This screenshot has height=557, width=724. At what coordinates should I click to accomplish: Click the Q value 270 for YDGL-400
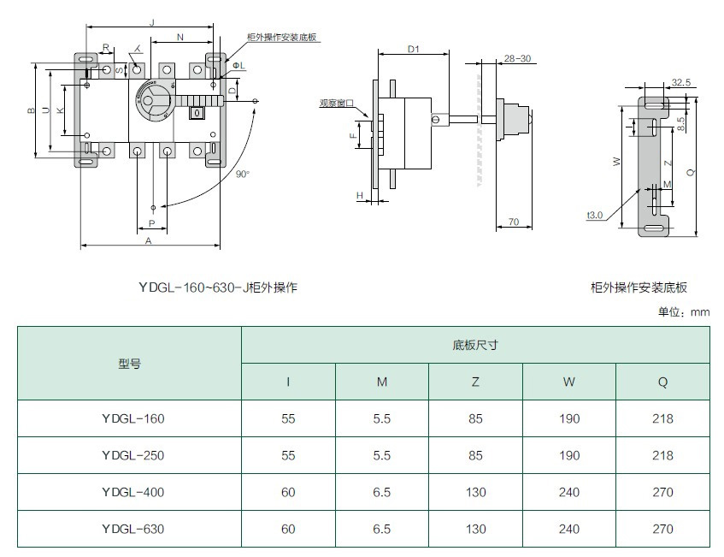click(662, 492)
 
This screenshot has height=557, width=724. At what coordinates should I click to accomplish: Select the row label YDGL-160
click(132, 419)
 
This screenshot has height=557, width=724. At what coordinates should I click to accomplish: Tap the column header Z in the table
click(475, 382)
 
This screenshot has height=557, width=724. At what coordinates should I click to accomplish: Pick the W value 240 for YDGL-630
click(569, 529)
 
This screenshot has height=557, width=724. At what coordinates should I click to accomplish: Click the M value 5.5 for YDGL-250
click(382, 456)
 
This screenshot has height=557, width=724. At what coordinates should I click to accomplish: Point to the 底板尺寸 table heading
click(475, 346)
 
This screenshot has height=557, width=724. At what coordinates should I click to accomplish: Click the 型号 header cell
click(130, 364)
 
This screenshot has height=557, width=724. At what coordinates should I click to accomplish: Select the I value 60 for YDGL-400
click(288, 492)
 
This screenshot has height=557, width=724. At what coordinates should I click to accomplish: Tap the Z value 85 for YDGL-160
click(475, 419)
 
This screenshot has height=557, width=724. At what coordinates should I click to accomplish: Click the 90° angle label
click(243, 174)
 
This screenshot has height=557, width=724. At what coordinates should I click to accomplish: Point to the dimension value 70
click(514, 222)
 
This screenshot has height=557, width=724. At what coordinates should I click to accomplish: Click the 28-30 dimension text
click(517, 58)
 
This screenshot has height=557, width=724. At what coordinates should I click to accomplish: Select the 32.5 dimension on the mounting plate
click(681, 83)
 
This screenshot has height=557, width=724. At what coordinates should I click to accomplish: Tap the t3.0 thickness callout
click(595, 215)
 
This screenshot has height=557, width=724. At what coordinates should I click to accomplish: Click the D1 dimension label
click(413, 50)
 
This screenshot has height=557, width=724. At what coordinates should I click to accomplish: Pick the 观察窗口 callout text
click(337, 104)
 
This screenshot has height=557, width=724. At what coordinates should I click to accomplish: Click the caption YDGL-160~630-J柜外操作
click(217, 287)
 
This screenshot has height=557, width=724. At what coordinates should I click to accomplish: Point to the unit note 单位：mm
click(684, 312)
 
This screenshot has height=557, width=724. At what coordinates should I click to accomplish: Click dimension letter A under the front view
click(148, 241)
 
